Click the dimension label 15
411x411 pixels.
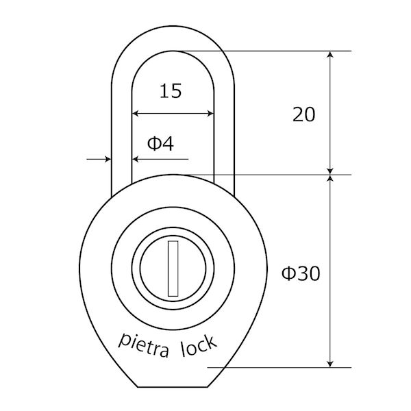(171, 91)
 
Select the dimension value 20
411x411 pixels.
(303, 114)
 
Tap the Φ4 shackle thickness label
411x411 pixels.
(160, 144)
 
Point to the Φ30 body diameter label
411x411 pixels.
(301, 273)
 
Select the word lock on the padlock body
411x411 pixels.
(199, 346)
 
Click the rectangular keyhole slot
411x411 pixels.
(173, 269)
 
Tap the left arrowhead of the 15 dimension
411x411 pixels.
(135, 114)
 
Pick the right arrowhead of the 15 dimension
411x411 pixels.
(210, 114)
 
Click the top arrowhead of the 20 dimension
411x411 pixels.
(331, 54)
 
